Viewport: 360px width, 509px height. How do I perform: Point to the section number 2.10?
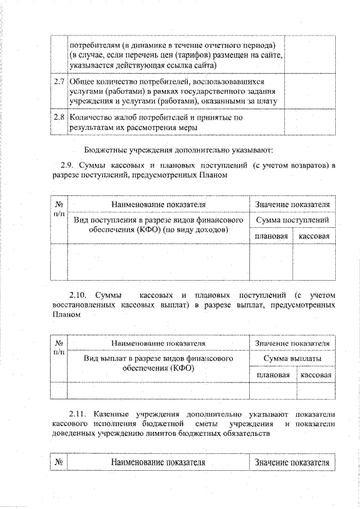(79, 294)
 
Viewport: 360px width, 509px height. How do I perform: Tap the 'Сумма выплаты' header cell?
(292, 358)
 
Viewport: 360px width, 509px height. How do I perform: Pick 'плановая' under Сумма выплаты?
(273, 375)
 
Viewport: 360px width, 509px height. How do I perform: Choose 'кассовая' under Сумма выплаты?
(316, 375)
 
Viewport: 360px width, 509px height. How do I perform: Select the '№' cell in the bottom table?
(58, 462)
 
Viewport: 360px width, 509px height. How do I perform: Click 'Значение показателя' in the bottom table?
(292, 462)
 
